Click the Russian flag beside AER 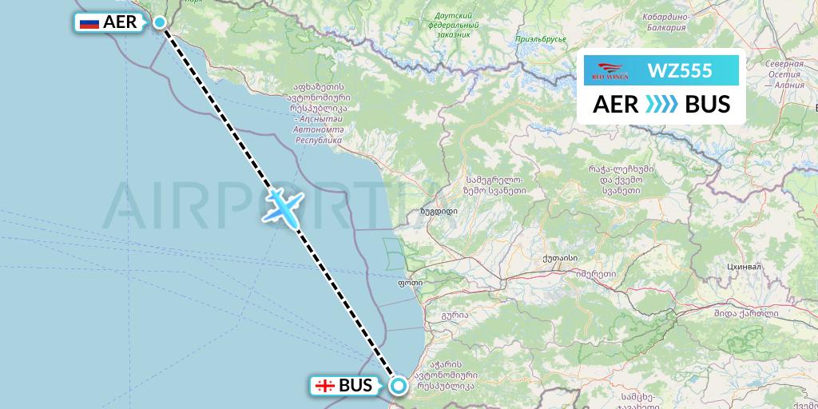click(89, 22)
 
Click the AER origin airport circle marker click(160, 22)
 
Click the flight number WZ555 click(680, 70)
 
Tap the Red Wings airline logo click(609, 70)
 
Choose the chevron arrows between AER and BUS click(661, 105)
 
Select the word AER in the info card click(614, 105)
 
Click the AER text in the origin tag click(120, 22)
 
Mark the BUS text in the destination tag click(355, 386)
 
